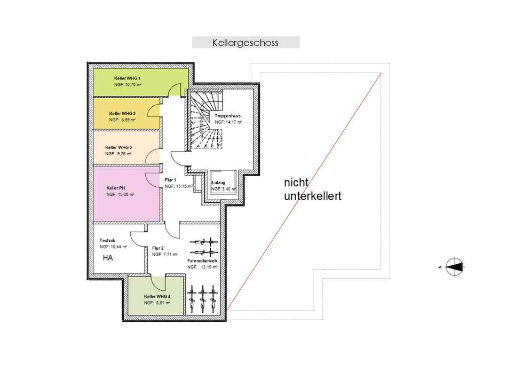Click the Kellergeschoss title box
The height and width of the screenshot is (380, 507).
point(245,42)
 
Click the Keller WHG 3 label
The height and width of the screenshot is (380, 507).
point(118,147)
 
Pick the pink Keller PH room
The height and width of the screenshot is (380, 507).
point(126,192)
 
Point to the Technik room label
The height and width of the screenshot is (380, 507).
point(108,241)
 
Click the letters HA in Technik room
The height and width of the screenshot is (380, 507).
point(108,258)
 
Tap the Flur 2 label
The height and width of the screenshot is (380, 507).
point(157,248)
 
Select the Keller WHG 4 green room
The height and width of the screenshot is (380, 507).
point(156,299)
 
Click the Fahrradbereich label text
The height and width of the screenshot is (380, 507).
point(201,260)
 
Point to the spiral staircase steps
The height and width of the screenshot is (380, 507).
point(205,120)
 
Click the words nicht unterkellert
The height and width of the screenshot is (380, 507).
point(312,189)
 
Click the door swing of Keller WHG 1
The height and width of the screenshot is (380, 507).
point(174,90)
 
